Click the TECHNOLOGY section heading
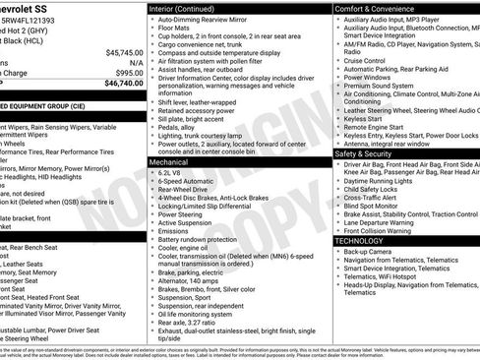click(359, 240)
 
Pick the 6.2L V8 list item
click(172, 173)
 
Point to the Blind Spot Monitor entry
click(373, 205)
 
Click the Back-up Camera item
click(368, 252)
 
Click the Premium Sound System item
click(380, 85)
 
